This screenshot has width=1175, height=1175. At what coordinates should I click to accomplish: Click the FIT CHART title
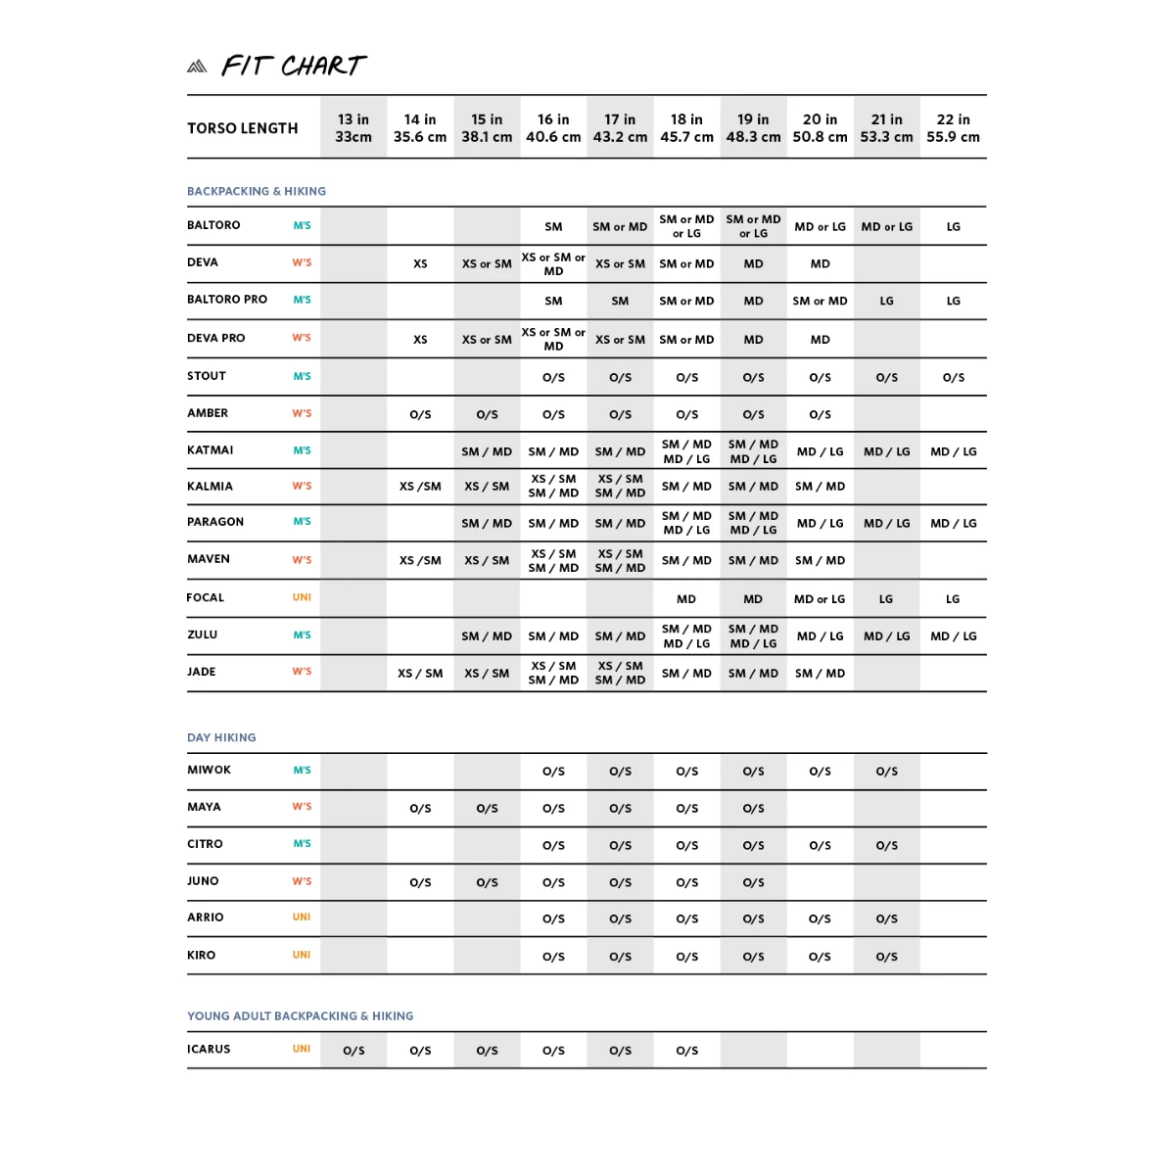(x=294, y=66)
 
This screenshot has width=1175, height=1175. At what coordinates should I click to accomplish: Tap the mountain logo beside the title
(x=197, y=67)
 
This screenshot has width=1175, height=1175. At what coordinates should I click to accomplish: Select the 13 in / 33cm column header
(x=353, y=128)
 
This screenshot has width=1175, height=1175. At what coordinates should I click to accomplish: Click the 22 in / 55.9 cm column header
(x=953, y=128)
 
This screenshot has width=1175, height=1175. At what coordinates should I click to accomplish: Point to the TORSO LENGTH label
(x=242, y=128)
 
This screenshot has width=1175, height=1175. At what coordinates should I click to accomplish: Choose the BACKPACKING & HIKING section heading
(x=257, y=191)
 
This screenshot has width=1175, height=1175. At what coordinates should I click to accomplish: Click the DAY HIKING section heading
(x=221, y=737)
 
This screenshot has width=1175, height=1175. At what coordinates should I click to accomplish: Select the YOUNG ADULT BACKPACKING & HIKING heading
(x=300, y=1016)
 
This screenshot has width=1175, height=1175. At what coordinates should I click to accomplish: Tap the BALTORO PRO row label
(x=227, y=300)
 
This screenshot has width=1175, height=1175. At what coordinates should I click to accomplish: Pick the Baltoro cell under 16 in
(x=553, y=226)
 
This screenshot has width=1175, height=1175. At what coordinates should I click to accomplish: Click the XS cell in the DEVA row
(x=420, y=263)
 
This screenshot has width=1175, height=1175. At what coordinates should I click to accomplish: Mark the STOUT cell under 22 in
(x=953, y=377)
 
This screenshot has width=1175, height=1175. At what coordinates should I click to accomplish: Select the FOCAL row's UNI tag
(x=302, y=597)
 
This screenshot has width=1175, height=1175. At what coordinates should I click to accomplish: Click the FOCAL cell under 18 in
(x=686, y=599)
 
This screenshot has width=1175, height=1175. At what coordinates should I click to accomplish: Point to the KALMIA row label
(x=211, y=486)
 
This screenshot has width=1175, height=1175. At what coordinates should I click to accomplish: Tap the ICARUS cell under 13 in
(x=353, y=1051)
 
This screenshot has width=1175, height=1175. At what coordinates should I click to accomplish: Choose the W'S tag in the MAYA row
(x=302, y=807)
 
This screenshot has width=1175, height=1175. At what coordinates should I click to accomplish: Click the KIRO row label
(x=202, y=955)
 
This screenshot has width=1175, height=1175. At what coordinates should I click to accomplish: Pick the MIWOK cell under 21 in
(x=886, y=772)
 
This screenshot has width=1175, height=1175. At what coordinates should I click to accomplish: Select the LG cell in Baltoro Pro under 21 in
(x=886, y=301)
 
